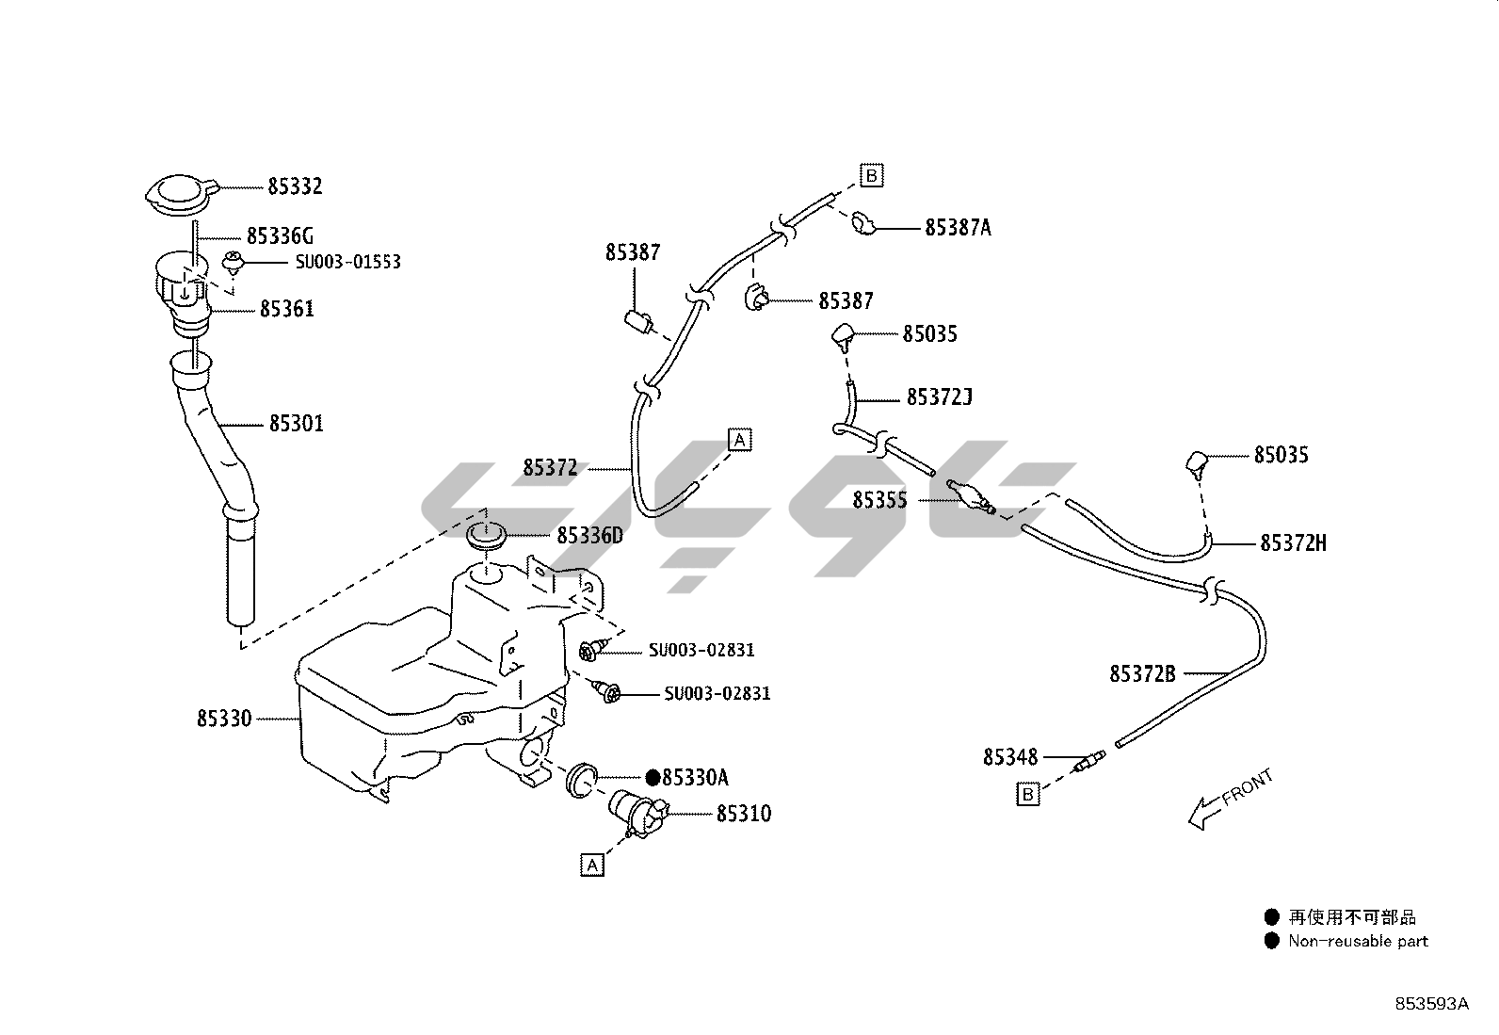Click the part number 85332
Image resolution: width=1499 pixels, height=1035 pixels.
pyautogui.click(x=295, y=186)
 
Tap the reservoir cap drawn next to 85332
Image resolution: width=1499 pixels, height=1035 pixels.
pyautogui.click(x=180, y=193)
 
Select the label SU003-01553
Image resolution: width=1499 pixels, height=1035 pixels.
pyautogui.click(x=347, y=261)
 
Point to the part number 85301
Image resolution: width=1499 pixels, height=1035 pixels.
pyautogui.click(x=296, y=424)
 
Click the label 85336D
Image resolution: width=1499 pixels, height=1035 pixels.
pyautogui.click(x=589, y=536)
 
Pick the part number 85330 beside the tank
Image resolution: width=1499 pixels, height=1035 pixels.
pyautogui.click(x=224, y=719)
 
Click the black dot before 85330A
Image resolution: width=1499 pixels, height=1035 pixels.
pyautogui.click(x=653, y=778)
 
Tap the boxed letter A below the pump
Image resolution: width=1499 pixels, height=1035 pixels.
pyautogui.click(x=591, y=865)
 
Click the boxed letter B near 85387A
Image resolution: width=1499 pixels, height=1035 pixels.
pyautogui.click(x=871, y=175)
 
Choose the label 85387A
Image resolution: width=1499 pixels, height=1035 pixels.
pyautogui.click(x=958, y=228)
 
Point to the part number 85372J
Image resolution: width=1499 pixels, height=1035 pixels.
pyautogui.click(x=939, y=397)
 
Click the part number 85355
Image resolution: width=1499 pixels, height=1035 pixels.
pyautogui.click(x=879, y=500)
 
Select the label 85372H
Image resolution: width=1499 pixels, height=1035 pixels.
pyautogui.click(x=1293, y=543)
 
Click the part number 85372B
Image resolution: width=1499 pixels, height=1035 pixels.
pyautogui.click(x=1142, y=674)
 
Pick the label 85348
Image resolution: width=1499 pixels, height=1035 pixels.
pyautogui.click(x=1010, y=757)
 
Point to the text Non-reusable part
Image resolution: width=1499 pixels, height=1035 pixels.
pyautogui.click(x=1358, y=941)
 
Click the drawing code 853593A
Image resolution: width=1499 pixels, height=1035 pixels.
pyautogui.click(x=1431, y=1004)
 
